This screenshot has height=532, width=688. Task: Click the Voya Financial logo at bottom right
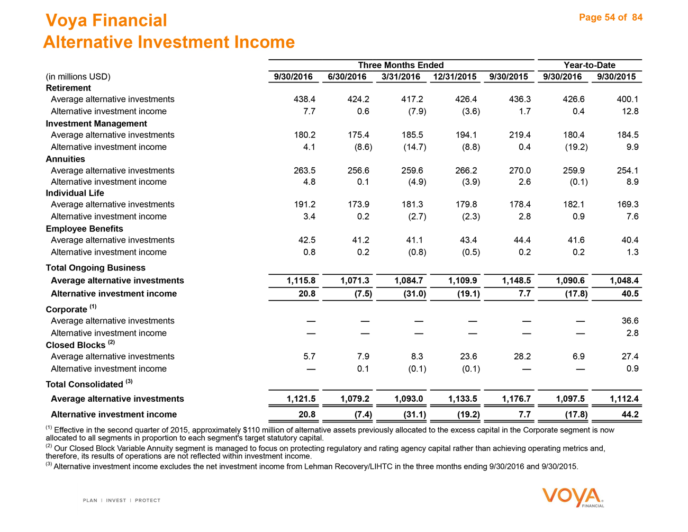point(573,498)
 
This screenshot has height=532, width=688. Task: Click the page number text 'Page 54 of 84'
point(611,17)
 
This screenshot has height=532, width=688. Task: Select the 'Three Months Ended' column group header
point(401,65)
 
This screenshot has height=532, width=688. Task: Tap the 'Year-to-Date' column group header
point(590,65)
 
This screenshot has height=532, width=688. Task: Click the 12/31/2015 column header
point(455,77)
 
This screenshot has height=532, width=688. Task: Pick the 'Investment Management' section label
point(96,123)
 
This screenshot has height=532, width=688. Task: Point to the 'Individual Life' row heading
point(75,193)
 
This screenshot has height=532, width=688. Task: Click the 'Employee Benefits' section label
point(84,229)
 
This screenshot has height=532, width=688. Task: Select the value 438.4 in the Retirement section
point(304,99)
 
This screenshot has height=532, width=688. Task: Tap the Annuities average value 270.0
point(520,170)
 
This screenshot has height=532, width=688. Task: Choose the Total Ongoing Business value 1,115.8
point(301,281)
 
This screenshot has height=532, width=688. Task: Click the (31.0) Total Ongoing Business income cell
point(414,294)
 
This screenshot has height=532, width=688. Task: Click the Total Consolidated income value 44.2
point(630,414)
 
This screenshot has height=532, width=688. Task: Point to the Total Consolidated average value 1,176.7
point(516,399)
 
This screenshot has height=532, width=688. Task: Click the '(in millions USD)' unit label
point(78,77)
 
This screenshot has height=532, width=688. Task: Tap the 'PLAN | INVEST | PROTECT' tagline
point(122,500)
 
